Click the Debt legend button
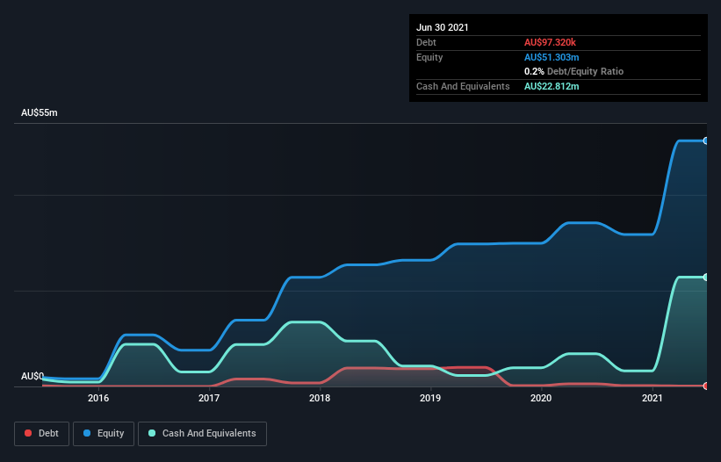click(x=40, y=433)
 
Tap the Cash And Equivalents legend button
click(x=202, y=433)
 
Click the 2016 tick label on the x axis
click(x=98, y=398)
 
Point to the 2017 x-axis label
click(x=209, y=398)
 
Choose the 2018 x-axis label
click(x=320, y=398)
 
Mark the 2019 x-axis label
click(x=430, y=398)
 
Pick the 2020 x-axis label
click(x=541, y=398)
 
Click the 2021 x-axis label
click(x=652, y=398)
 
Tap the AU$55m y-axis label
click(x=40, y=113)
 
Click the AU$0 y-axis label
click(x=32, y=376)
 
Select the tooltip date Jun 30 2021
click(x=443, y=27)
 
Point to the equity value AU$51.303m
click(x=552, y=57)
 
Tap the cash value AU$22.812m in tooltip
click(x=552, y=86)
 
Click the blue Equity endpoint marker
click(x=705, y=141)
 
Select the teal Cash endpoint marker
click(x=705, y=278)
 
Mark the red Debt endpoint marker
click(x=705, y=386)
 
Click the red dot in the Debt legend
click(x=28, y=433)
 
